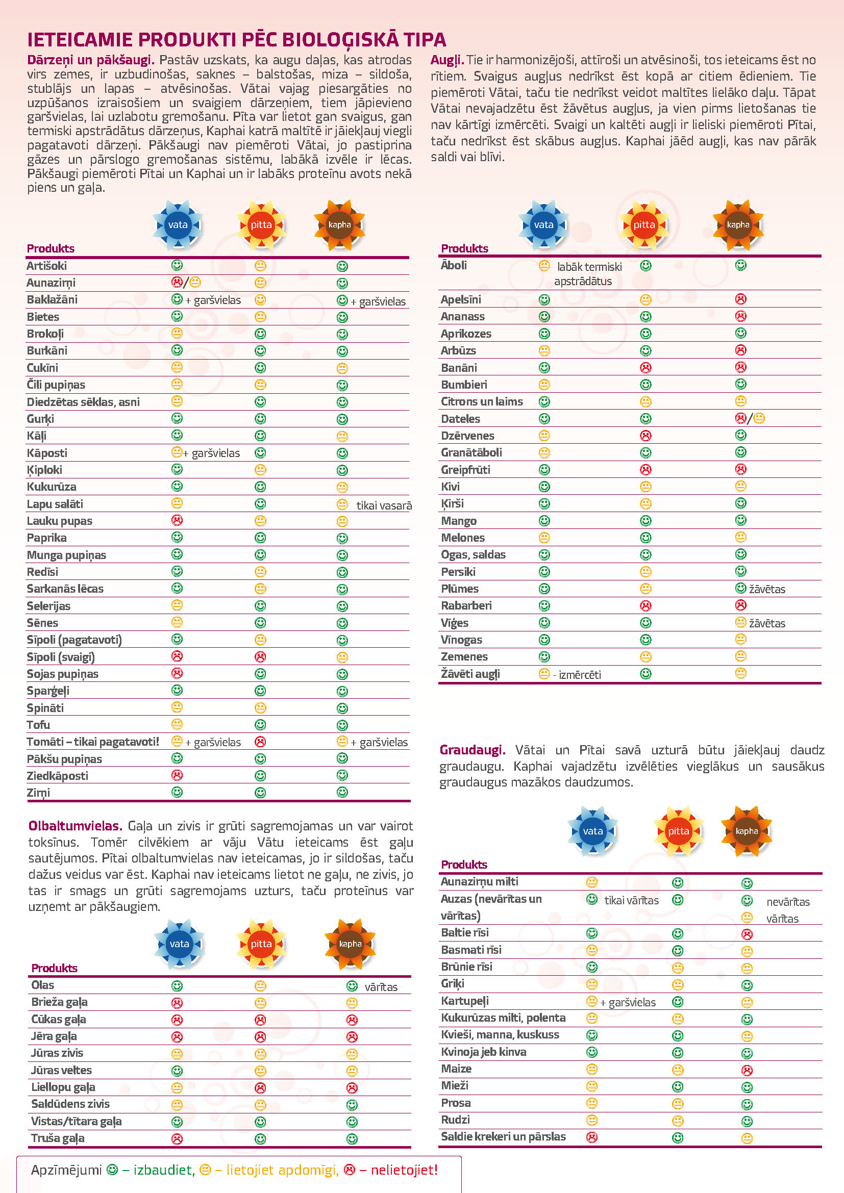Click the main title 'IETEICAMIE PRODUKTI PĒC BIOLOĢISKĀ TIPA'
(x=236, y=39)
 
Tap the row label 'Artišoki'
(x=47, y=266)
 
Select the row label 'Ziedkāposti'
(x=58, y=776)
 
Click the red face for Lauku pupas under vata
(x=177, y=520)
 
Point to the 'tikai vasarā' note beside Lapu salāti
(x=384, y=505)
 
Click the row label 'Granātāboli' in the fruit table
(x=471, y=452)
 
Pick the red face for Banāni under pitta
(x=646, y=368)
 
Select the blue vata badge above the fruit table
(x=543, y=225)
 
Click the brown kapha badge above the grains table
(x=747, y=831)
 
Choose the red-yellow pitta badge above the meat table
(x=261, y=944)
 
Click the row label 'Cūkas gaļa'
(x=59, y=1020)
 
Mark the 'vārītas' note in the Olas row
(x=381, y=987)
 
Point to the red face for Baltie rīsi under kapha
(x=747, y=934)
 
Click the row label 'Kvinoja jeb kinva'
(x=483, y=1052)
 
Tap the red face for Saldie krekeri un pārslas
(x=591, y=1137)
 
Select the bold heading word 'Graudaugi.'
(x=473, y=750)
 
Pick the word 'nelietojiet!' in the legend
(x=404, y=1170)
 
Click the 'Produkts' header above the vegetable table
(x=51, y=248)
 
